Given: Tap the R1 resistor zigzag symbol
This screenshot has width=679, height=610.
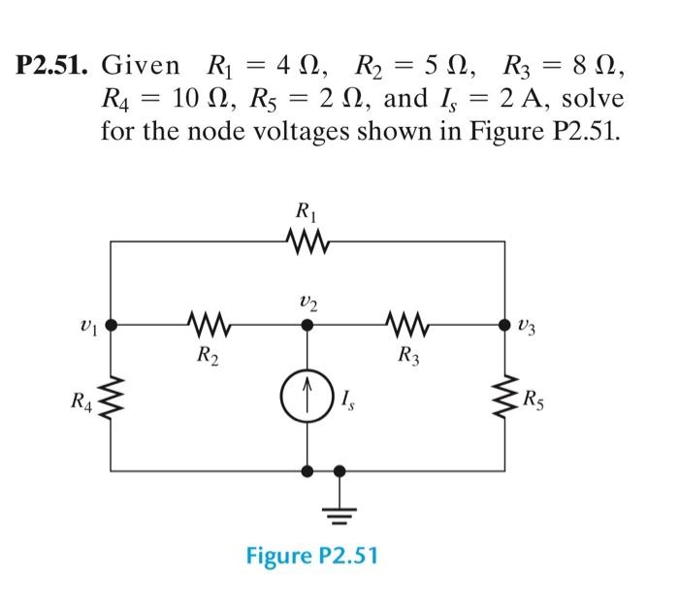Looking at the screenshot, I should pyautogui.click(x=307, y=239).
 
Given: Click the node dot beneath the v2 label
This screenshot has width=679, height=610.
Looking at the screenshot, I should pyautogui.click(x=307, y=326).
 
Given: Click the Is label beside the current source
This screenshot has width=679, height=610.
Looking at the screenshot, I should pyautogui.click(x=349, y=398).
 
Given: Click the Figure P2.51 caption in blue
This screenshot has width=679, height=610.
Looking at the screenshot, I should pyautogui.click(x=312, y=558).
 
